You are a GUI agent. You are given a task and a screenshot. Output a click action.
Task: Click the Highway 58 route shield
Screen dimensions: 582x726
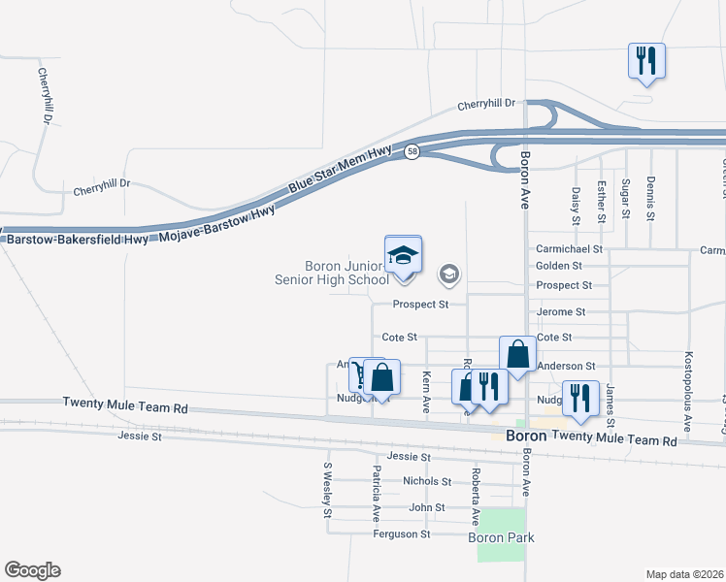click(x=412, y=152)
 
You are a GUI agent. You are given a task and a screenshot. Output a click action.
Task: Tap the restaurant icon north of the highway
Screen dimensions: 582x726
click(x=645, y=61)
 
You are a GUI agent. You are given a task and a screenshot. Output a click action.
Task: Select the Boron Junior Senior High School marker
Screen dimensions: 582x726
click(x=403, y=255)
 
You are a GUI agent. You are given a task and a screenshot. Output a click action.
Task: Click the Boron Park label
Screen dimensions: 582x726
click(x=501, y=537)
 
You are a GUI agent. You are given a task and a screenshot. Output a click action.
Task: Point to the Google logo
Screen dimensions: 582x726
click(x=32, y=570)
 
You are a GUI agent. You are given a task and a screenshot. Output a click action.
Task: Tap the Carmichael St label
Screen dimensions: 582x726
click(x=570, y=249)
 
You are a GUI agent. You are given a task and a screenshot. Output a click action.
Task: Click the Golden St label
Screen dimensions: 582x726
click(x=559, y=265)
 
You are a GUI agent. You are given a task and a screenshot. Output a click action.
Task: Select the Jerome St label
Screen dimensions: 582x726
click(x=561, y=312)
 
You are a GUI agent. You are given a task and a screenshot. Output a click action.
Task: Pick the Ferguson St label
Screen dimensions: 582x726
click(x=401, y=533)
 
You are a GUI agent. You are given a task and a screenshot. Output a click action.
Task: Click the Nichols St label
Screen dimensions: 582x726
click(x=427, y=481)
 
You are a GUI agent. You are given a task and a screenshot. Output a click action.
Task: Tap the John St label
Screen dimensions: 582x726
click(x=427, y=507)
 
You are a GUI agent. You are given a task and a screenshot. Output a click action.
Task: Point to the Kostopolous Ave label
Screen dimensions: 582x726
click(x=688, y=391)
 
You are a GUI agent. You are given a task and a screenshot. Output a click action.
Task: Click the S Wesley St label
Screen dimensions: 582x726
click(x=328, y=490)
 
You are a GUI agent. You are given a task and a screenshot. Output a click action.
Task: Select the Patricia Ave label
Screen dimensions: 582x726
click(x=375, y=493)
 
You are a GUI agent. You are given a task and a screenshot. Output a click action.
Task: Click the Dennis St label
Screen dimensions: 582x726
click(x=650, y=197)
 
